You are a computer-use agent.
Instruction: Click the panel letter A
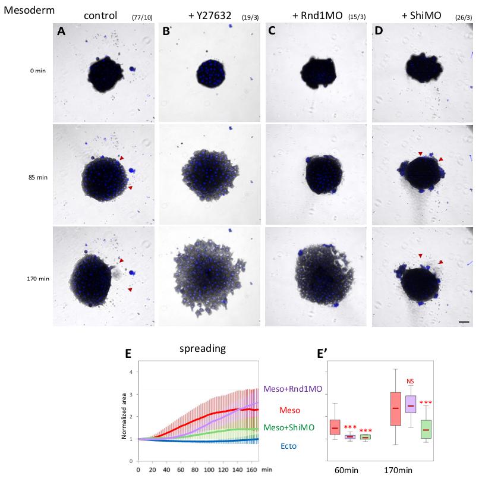click(61, 33)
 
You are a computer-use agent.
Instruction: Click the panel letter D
click(380, 33)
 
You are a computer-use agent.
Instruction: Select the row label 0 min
click(36, 71)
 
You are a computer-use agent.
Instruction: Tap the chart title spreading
click(203, 349)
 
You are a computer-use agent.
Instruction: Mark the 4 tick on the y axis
click(131, 372)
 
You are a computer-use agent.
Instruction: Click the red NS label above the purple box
click(409, 381)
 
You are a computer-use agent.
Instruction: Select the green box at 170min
click(425, 429)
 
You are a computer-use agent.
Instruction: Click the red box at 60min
click(335, 427)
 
